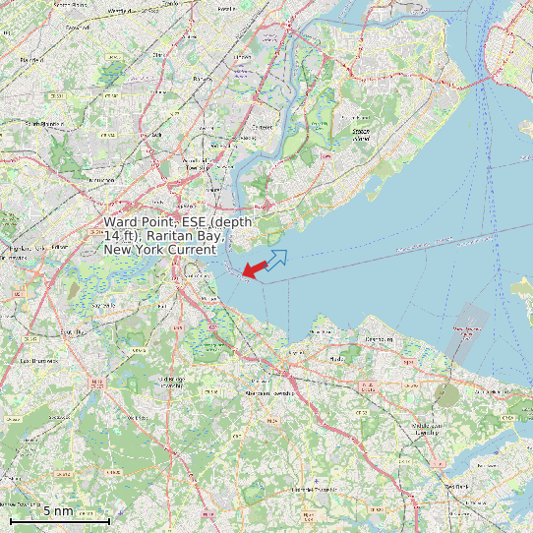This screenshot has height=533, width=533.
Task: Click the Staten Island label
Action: (x=361, y=135)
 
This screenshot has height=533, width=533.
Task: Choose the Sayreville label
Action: (x=103, y=305)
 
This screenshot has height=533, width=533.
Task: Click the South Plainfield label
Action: (x=43, y=124)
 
